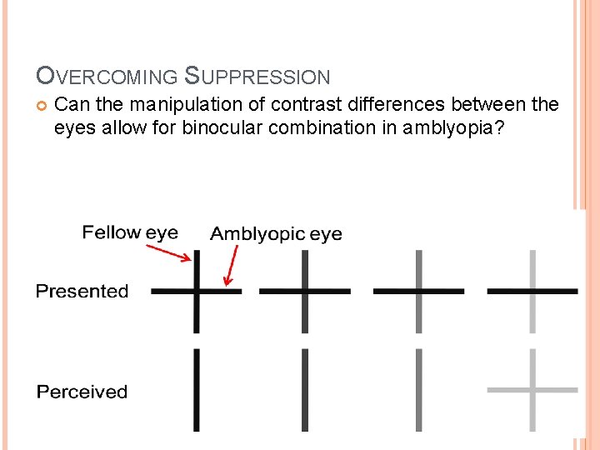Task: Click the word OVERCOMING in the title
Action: [x=107, y=77]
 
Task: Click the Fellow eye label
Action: [x=130, y=232]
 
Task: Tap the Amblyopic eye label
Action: [x=276, y=234]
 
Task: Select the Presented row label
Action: [x=82, y=291]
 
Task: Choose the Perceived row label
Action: [x=82, y=392]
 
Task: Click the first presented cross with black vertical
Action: [x=197, y=291]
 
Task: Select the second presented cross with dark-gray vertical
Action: [x=305, y=291]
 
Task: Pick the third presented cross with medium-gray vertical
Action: [x=418, y=291]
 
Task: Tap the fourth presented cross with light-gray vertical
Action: [x=532, y=291]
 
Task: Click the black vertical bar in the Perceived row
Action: [x=197, y=390]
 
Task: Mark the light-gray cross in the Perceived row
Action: [x=532, y=389]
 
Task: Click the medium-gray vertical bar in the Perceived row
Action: [x=418, y=390]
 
